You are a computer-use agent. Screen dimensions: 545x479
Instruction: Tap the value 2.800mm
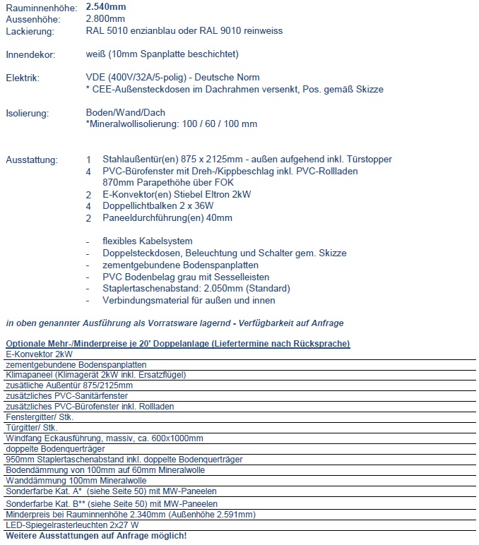[x=103, y=20]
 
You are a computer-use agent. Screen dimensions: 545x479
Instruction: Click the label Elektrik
[x=23, y=78]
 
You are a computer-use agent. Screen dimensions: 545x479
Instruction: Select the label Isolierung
[x=27, y=112]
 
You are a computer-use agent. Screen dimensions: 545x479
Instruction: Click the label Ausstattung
[x=32, y=160]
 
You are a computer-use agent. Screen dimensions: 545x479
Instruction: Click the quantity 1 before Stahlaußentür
[x=88, y=160]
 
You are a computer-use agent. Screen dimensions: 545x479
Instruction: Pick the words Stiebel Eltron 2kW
[x=211, y=194]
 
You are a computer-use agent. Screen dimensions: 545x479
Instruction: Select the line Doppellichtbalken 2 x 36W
[x=158, y=205]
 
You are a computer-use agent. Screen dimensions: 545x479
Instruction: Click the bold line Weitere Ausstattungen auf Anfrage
[x=96, y=536]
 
